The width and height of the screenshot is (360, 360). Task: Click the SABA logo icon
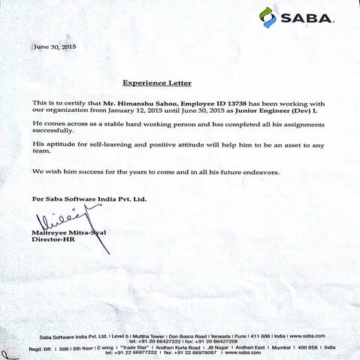click(268, 17)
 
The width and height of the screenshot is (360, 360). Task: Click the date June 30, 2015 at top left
click(55, 47)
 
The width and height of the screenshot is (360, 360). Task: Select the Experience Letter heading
click(157, 82)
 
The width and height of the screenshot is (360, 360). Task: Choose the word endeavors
click(259, 172)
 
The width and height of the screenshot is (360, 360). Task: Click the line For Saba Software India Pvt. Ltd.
click(89, 198)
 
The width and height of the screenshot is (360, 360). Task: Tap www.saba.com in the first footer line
click(307, 334)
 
